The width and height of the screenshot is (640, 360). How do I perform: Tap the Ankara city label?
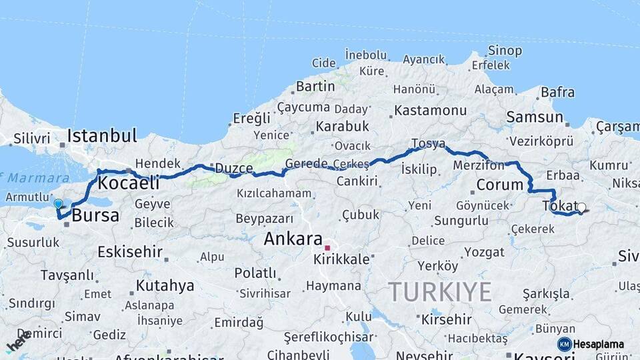(293, 239)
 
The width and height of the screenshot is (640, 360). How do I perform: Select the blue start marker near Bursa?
(58, 204)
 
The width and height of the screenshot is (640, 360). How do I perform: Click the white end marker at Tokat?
(581, 207)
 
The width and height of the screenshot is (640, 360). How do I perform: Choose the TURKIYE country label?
(441, 291)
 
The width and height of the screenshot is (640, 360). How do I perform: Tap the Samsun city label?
(535, 117)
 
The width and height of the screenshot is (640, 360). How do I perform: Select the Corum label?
(500, 185)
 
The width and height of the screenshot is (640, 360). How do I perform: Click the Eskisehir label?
(130, 251)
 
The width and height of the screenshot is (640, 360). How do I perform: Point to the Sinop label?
(505, 51)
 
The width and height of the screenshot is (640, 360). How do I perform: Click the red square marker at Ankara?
(327, 247)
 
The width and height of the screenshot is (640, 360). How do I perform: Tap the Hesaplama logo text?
(599, 345)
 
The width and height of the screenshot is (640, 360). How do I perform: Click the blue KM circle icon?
(564, 344)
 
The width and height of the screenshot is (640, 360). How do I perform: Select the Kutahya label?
(165, 286)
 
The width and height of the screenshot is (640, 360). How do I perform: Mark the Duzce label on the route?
(233, 169)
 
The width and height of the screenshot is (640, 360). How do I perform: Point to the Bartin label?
(315, 86)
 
